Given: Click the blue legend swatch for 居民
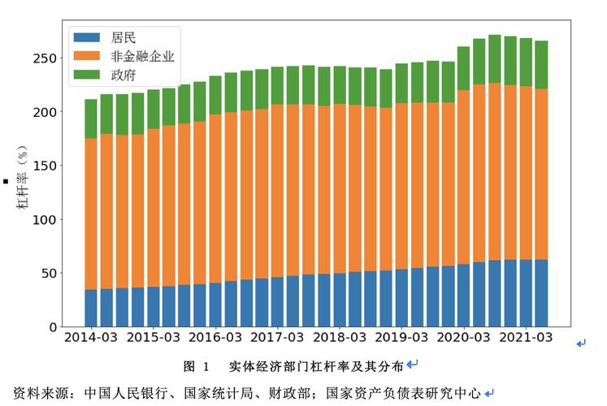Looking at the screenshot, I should tap(85, 37).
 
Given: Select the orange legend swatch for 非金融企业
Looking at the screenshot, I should tap(85, 56).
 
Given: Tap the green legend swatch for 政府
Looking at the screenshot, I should tap(85, 75).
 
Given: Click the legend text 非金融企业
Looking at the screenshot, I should tap(143, 56).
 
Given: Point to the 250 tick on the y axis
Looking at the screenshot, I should tap(45, 58).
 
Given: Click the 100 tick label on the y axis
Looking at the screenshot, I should tap(45, 219).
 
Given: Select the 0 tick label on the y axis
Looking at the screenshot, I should tap(53, 326).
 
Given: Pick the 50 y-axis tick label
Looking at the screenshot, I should tap(49, 273).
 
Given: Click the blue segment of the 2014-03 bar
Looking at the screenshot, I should tap(91, 308).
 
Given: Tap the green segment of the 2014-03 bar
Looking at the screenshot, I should tap(91, 119).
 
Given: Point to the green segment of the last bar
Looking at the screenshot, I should tap(540, 64).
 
